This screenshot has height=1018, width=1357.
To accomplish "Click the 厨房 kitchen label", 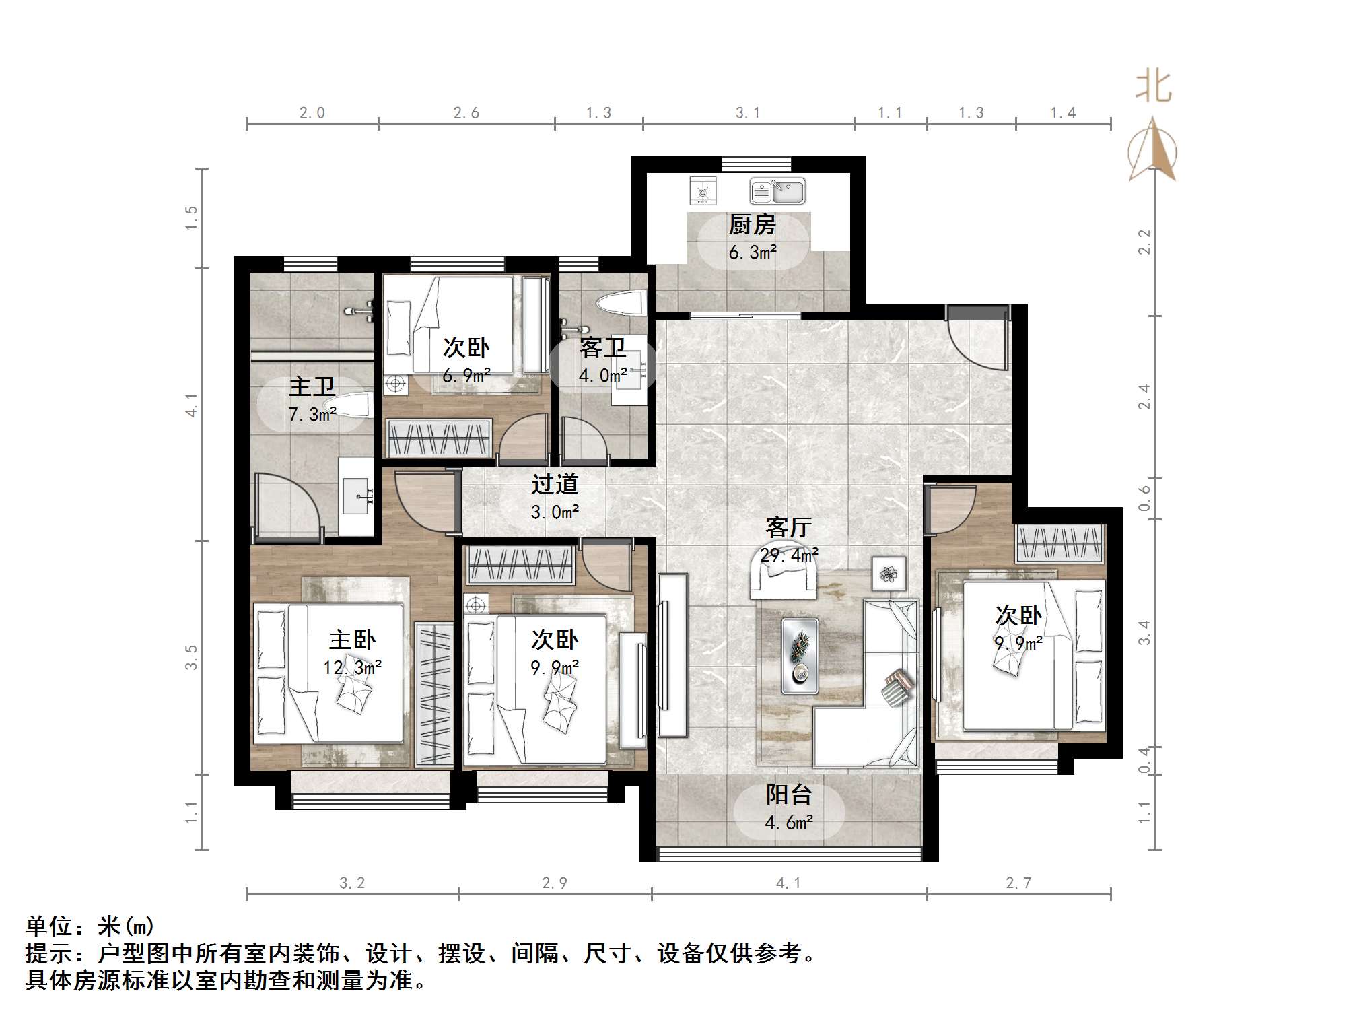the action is (x=752, y=225).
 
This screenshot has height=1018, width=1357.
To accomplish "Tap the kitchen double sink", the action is (x=777, y=191).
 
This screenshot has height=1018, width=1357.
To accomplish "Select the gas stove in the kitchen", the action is (x=703, y=191).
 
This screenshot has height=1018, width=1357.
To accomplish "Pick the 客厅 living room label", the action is (x=788, y=527).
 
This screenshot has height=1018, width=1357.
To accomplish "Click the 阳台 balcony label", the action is (x=788, y=794).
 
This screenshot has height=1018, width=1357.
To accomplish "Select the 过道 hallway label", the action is (x=555, y=484).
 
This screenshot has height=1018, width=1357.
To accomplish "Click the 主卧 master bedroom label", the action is (x=352, y=640).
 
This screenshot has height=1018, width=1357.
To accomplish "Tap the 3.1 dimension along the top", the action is (x=748, y=113).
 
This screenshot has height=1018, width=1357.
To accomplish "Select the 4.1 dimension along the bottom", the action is (x=788, y=883).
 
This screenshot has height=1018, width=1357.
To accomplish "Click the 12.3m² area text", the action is (x=352, y=667).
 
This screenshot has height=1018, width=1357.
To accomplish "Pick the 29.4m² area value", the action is (x=789, y=555).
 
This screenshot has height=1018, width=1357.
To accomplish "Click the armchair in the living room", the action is (x=784, y=578).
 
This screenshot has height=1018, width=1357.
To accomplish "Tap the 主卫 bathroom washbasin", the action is (x=355, y=496).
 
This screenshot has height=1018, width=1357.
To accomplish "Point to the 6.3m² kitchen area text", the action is (x=753, y=252).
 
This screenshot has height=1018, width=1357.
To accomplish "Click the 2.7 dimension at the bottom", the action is (x=1018, y=883).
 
